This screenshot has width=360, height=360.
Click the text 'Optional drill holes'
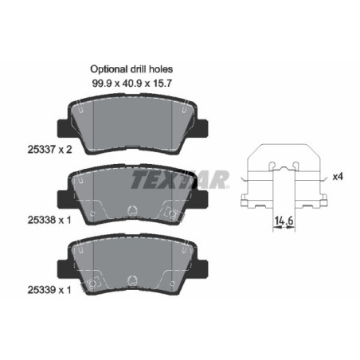tap(131, 69)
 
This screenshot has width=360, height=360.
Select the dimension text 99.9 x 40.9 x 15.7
tap(132, 84)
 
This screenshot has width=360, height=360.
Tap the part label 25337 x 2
tap(49, 150)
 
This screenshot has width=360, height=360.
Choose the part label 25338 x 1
tap(49, 220)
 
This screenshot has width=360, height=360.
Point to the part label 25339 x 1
tap(49, 290)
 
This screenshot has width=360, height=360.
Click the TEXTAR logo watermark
tap(181, 179)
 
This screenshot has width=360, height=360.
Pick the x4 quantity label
tap(338, 176)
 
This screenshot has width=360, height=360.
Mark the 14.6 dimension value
tap(284, 221)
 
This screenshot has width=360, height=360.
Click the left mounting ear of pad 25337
tap(64, 128)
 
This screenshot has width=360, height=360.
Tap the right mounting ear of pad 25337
tap(202, 128)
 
